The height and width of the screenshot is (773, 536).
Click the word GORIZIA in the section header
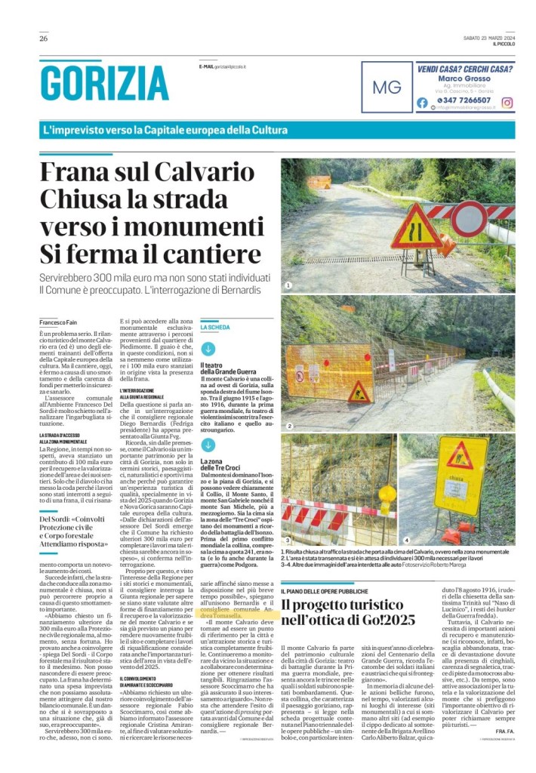coord(104,83)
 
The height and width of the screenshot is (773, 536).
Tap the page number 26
coord(43,38)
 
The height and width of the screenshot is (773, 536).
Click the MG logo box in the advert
coord(387,87)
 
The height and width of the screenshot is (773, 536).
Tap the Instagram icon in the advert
coord(507,103)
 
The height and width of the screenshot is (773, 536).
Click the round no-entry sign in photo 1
coord(469,219)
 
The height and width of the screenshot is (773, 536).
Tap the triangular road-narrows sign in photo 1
coord(416,227)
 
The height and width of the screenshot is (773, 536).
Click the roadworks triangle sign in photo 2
coord(358,393)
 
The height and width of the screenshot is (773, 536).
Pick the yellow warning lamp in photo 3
coord(387,494)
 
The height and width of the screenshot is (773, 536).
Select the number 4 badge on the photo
coord(405,540)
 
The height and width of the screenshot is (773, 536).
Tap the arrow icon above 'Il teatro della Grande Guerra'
coord(208,349)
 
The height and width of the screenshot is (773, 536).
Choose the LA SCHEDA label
coord(214,328)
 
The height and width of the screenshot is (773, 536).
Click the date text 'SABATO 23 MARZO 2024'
coord(488,38)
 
